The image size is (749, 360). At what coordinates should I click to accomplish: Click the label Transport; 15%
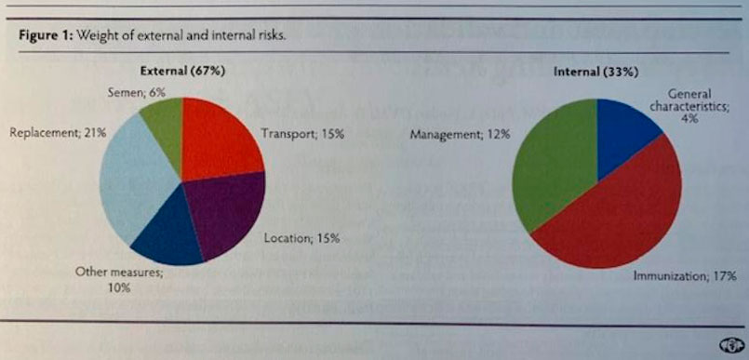coord(302,135)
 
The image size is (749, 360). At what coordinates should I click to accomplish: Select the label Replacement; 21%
coord(57,133)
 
